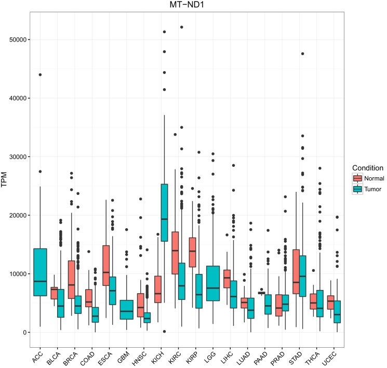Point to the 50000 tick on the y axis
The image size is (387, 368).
pos(18,40)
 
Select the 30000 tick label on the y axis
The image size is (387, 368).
pos(18,156)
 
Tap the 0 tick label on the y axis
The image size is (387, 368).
pos(24,332)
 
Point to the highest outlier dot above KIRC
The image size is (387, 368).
pos(182,27)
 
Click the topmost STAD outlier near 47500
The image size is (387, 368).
pos(302,54)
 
